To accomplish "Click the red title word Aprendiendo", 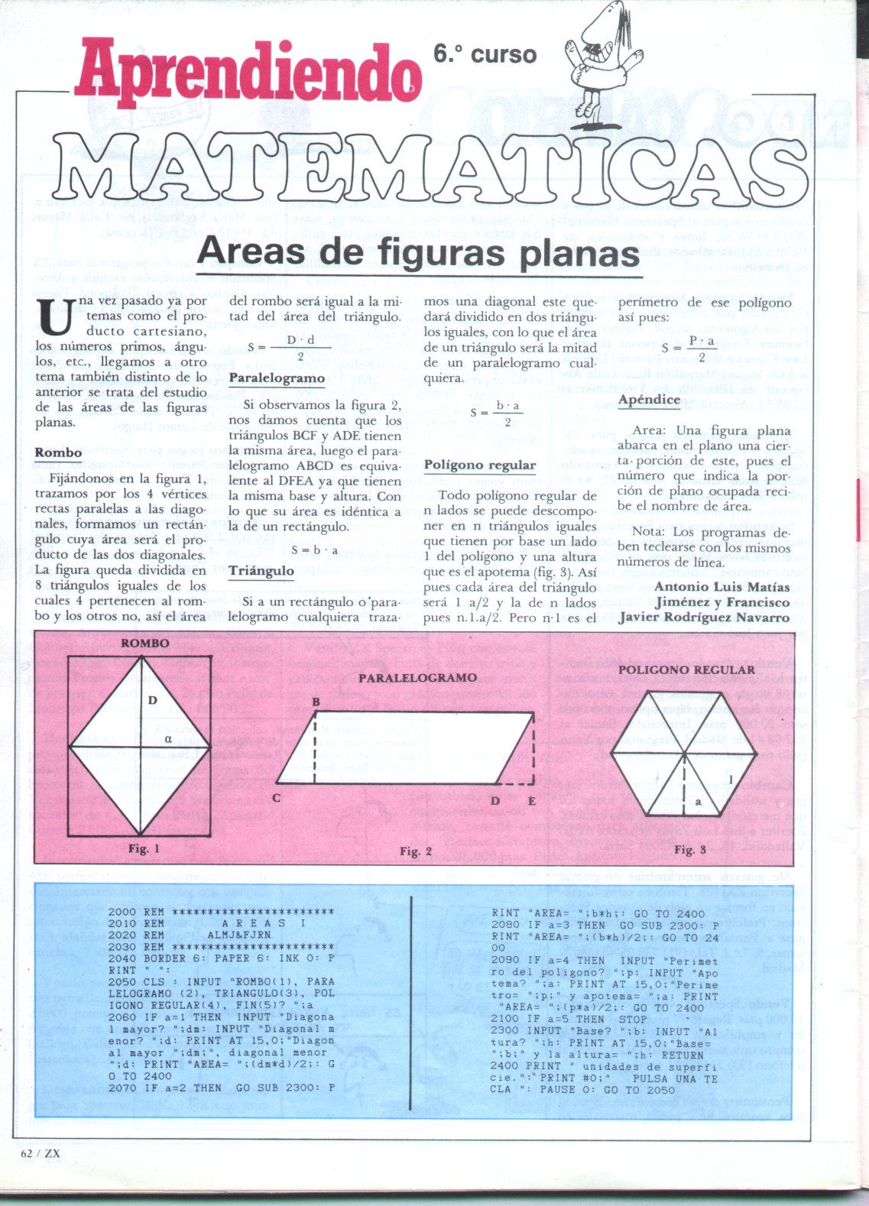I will [x=248, y=73].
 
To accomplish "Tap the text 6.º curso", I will [x=485, y=55].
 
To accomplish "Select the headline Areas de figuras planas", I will [x=419, y=253].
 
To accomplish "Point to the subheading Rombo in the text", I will [x=58, y=452].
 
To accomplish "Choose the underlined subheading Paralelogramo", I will [x=277, y=378].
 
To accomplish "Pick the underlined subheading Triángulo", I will [x=261, y=571].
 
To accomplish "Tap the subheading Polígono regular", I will [x=480, y=465].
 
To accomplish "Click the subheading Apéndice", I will [x=649, y=400].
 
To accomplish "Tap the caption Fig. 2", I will [x=416, y=851].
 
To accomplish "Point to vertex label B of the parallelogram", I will [x=315, y=702].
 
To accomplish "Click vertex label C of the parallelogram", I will [x=276, y=799].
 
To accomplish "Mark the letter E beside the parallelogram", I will [x=532, y=802].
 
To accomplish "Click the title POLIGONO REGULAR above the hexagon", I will [x=686, y=670].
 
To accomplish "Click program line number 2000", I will [x=122, y=912].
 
